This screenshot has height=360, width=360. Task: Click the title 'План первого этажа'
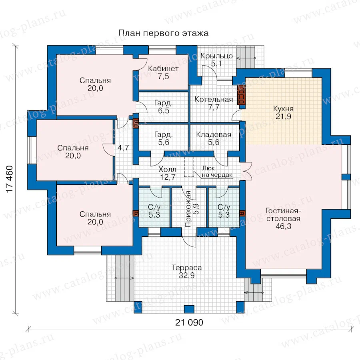coord(163,33)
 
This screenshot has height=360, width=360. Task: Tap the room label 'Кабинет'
coord(163,68)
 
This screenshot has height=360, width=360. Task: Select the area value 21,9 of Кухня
coord(283,116)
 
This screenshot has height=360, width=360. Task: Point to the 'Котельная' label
coord(214,100)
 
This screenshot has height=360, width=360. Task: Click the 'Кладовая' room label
coord(214,134)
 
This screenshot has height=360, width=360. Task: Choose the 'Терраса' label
coord(186,268)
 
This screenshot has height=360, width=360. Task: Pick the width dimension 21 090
coord(189,322)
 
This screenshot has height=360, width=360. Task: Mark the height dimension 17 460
coord(10,179)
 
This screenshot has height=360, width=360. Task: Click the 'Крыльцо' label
coord(216,56)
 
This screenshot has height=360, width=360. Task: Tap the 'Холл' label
coord(167,170)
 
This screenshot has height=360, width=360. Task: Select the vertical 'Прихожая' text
coord(188,209)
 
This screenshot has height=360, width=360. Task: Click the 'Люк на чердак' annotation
coord(217,172)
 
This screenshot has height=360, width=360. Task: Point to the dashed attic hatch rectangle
coord(189,167)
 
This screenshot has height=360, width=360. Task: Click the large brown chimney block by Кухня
coord(242,97)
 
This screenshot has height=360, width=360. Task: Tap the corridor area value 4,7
coord(123,148)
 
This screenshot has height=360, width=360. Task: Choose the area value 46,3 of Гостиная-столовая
coord(283,226)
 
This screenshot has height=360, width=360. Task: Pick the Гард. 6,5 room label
coord(164,106)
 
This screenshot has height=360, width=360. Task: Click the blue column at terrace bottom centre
coord(189,309)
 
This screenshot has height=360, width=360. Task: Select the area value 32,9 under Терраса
coord(186,275)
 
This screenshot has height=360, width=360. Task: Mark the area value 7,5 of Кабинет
coord(163,76)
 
